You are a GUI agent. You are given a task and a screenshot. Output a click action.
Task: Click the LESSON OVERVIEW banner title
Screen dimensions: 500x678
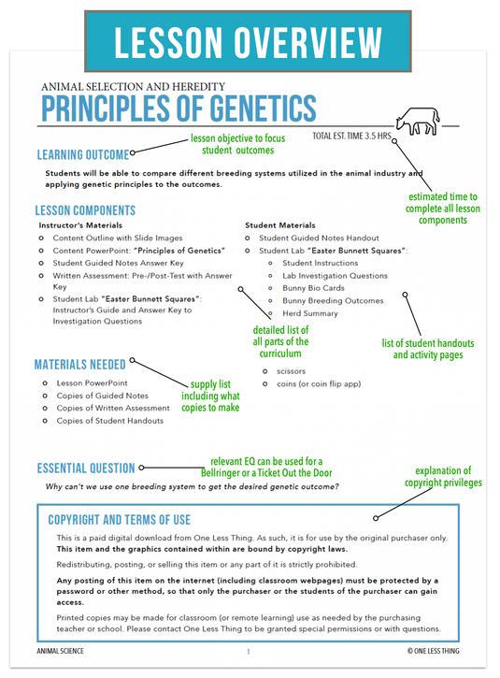[x=250, y=42]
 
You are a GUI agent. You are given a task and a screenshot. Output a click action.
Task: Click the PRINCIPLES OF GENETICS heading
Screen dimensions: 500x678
[x=179, y=108]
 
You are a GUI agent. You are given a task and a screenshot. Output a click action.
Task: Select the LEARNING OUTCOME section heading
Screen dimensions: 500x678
[x=82, y=154]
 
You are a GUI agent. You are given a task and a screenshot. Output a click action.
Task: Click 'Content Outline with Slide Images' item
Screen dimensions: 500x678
[x=118, y=238]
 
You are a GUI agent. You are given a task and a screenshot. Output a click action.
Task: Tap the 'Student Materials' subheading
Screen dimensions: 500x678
[x=281, y=225]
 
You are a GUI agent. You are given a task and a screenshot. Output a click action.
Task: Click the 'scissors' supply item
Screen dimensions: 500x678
[x=291, y=371]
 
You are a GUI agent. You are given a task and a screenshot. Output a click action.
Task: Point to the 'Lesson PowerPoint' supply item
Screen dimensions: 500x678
[x=92, y=383]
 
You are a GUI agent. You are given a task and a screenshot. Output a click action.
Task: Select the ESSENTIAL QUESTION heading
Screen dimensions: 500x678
[x=86, y=468]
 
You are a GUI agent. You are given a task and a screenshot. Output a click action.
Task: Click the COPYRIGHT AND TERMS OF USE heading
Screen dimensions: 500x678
[x=119, y=519]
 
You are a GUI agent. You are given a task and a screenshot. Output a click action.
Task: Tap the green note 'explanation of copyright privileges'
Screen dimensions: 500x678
[x=443, y=477]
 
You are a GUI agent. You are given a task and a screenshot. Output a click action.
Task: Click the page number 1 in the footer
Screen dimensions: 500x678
[x=248, y=651]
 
